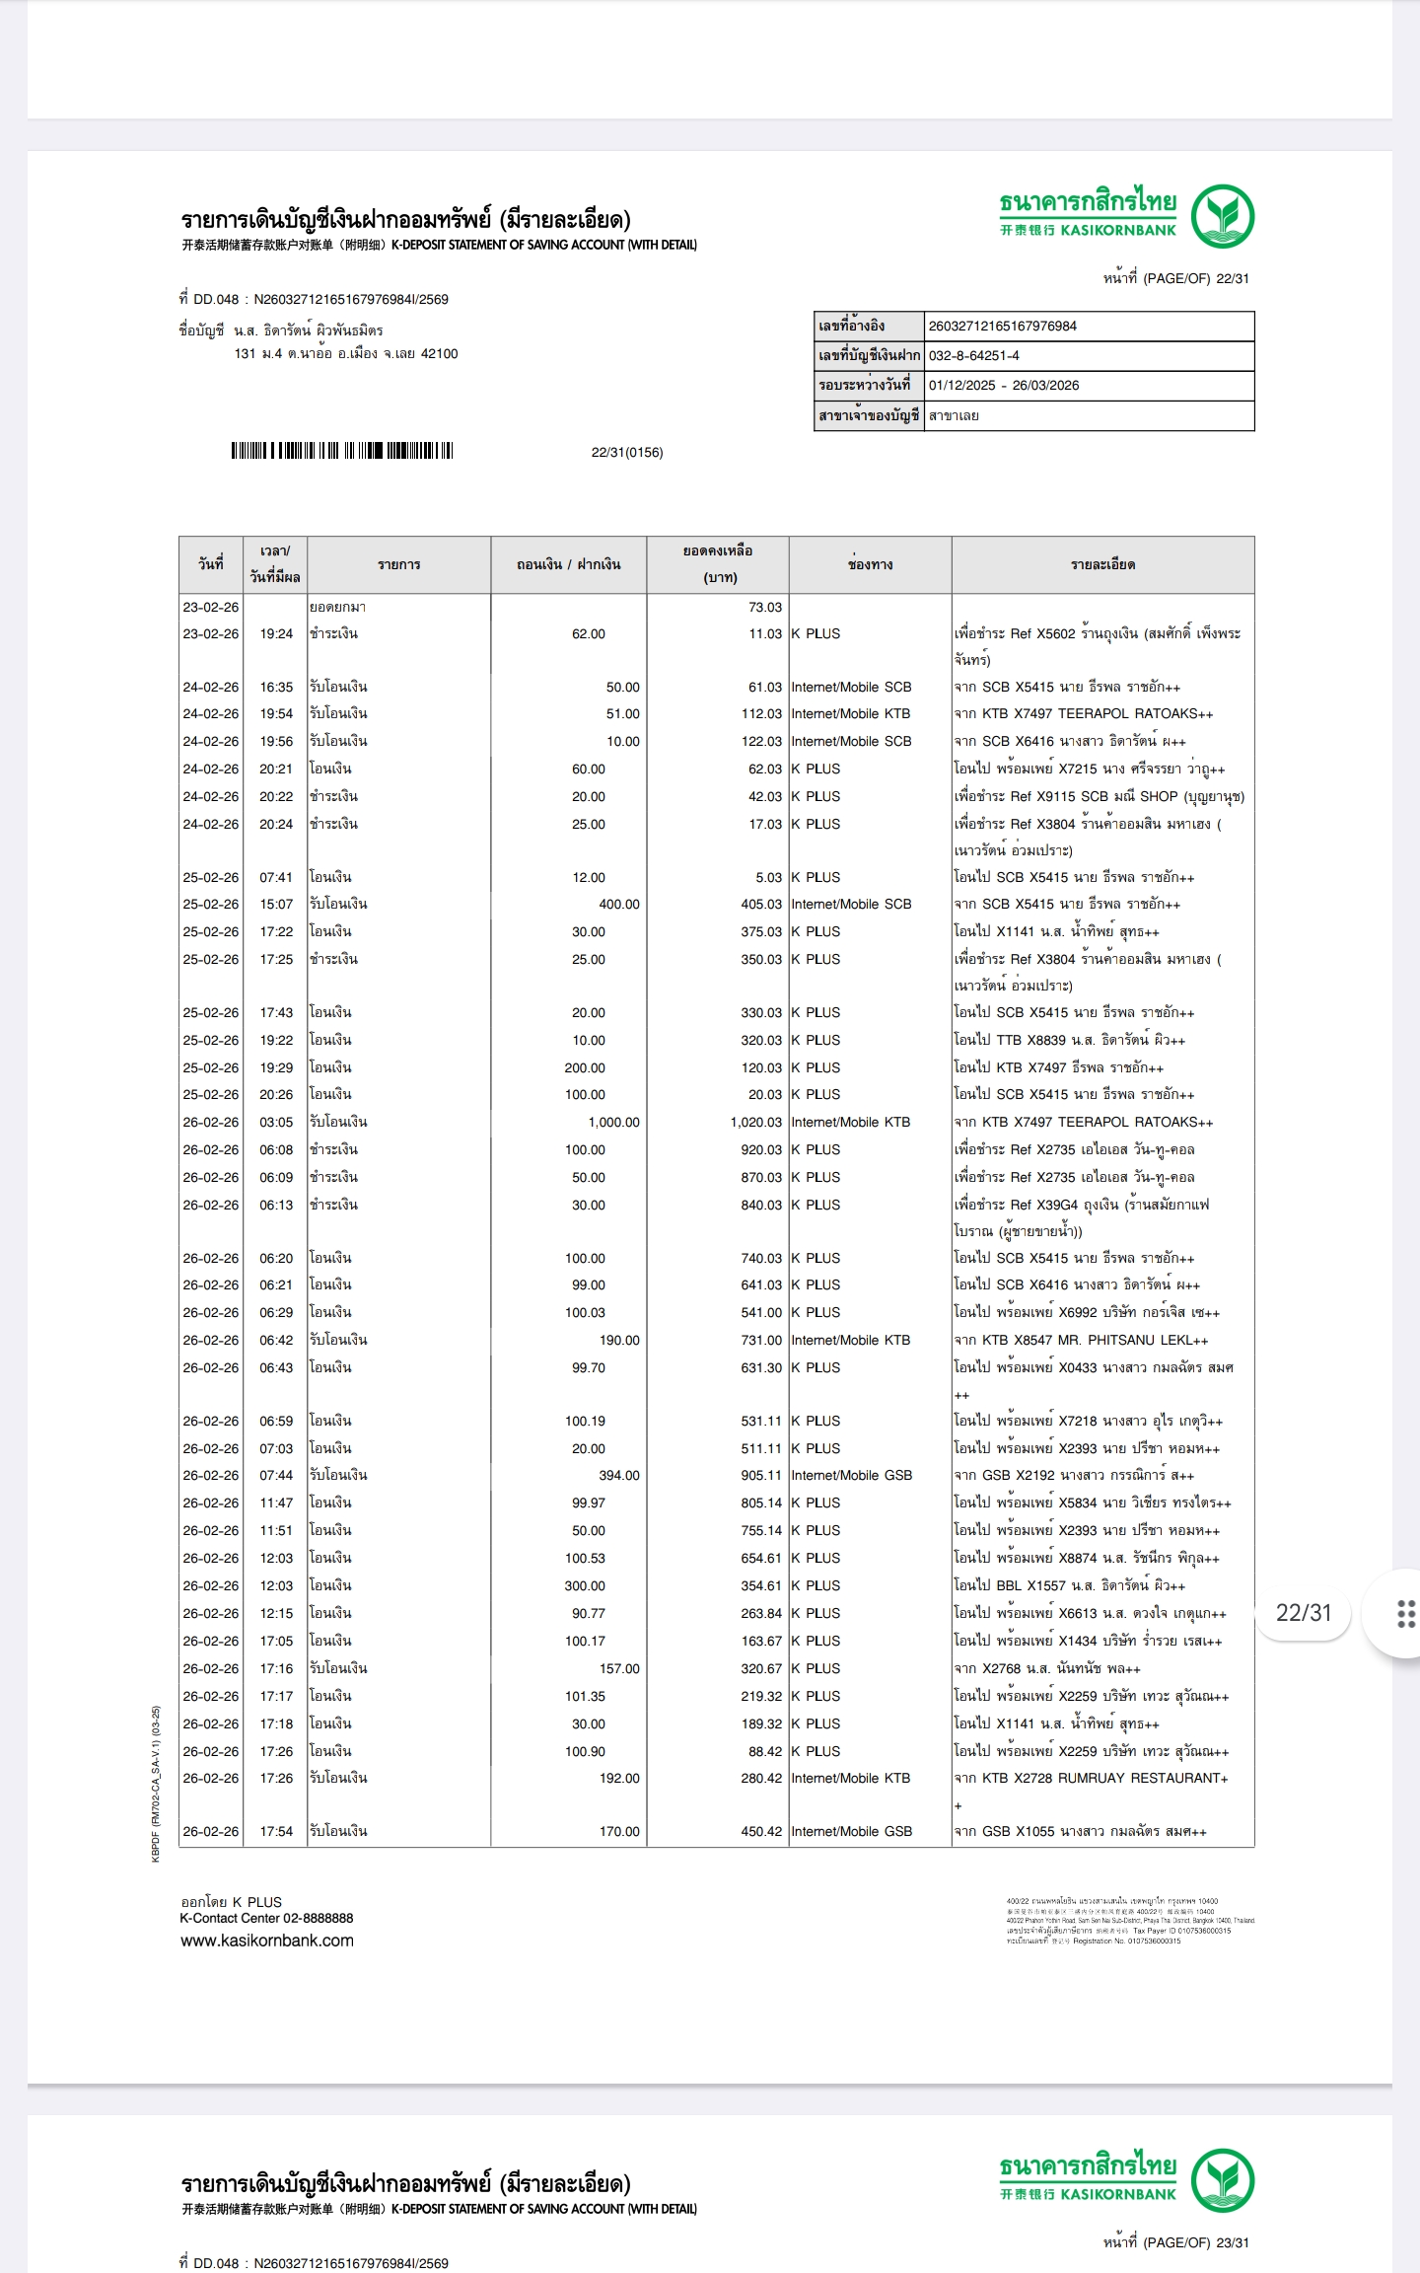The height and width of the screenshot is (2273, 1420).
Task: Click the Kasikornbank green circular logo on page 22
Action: coord(1222,215)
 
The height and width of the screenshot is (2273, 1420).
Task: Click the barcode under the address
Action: coord(341,451)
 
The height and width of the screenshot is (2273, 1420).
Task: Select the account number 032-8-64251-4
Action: coord(973,355)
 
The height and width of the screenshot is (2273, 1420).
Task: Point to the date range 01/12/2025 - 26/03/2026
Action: coord(1003,385)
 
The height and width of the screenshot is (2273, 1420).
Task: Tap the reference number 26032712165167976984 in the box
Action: coord(1002,326)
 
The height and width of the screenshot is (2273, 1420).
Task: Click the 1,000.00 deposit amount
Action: coord(613,1122)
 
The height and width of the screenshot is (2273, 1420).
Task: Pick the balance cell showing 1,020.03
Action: coord(755,1122)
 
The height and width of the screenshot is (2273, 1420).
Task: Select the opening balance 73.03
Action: coord(764,607)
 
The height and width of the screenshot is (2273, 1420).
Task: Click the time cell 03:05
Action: coord(276,1122)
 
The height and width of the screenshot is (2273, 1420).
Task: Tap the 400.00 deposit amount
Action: coord(618,904)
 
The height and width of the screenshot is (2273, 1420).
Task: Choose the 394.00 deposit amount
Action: coord(618,1475)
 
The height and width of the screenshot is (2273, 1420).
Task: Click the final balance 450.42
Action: coord(760,1831)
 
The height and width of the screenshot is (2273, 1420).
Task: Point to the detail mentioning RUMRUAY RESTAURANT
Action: coord(1090,1778)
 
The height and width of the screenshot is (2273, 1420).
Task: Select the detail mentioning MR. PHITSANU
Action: coord(1080,1340)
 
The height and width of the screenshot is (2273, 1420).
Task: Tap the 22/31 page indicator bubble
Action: coord(1303,1613)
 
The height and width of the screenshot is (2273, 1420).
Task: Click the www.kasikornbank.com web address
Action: coord(267,1941)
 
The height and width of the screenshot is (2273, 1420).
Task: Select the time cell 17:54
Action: coord(276,1831)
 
